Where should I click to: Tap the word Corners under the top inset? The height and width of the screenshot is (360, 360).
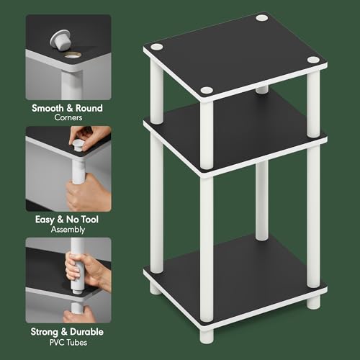point(68,117)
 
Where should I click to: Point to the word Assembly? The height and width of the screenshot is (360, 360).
point(68,230)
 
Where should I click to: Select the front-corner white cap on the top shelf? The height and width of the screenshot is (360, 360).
point(207,90)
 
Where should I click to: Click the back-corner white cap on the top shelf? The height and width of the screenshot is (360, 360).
point(261,17)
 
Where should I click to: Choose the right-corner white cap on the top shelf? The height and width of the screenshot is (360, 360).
point(313,60)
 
